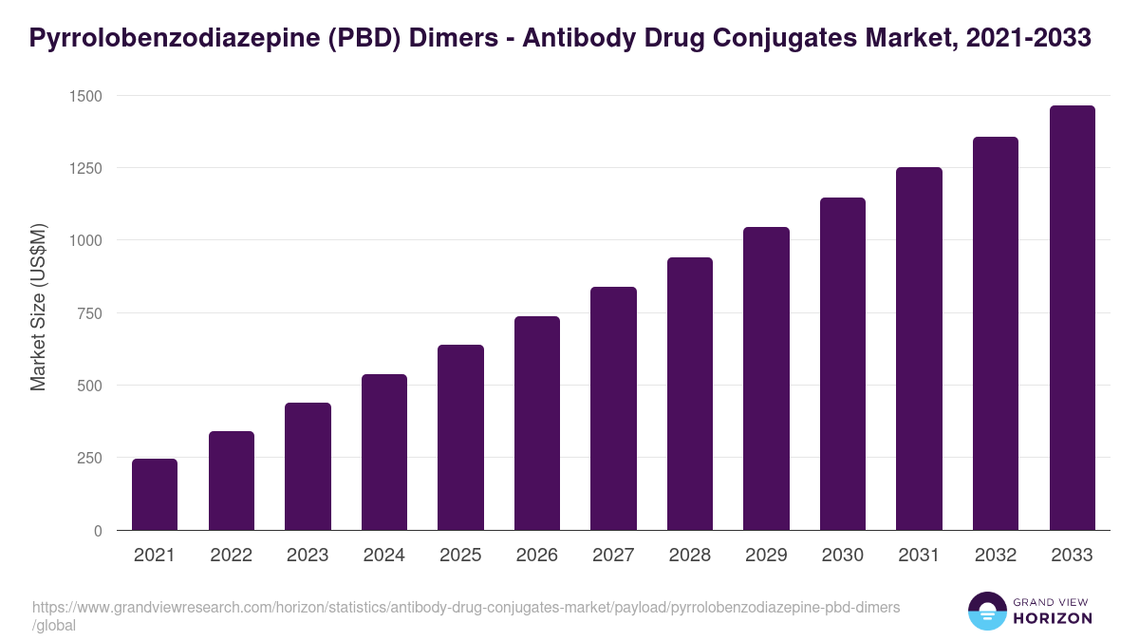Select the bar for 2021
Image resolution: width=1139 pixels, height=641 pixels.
tap(155, 495)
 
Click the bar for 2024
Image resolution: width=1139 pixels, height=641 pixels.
tap(383, 452)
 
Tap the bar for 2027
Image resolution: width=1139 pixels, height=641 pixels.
tap(613, 408)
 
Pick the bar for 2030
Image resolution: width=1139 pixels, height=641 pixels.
tap(843, 364)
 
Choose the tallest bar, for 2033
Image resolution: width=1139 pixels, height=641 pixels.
tap(1072, 318)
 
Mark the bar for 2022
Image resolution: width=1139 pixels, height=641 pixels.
tap(232, 481)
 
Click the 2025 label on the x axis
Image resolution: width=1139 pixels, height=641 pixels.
tap(460, 556)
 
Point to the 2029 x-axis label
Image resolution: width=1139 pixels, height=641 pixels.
tap(766, 556)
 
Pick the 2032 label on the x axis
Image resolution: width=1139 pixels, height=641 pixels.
tap(996, 556)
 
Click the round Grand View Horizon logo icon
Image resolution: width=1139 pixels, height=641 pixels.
tap(986, 611)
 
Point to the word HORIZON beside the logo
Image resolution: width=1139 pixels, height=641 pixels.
tap(1054, 618)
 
